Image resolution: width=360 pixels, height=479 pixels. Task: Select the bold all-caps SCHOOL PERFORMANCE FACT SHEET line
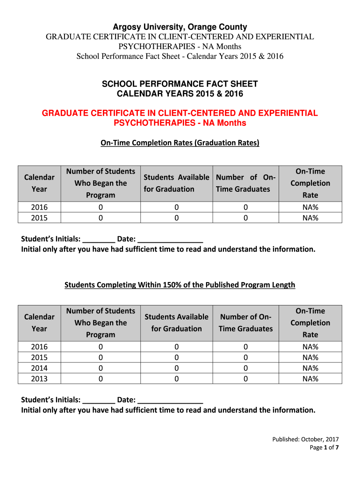pos(180,84)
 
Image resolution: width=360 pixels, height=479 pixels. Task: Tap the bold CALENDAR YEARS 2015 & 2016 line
pos(180,94)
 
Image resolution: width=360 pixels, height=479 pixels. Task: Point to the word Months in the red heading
pos(230,123)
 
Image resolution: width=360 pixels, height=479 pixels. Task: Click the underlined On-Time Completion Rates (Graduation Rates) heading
pos(180,143)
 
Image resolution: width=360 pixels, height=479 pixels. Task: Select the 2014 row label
pos(39,368)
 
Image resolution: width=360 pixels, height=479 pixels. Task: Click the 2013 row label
pos(39,379)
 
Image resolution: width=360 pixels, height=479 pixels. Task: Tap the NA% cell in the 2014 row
pos(310,368)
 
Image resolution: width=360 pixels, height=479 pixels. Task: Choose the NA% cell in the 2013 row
pos(310,379)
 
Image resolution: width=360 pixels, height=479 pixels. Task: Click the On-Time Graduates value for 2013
pos(245,379)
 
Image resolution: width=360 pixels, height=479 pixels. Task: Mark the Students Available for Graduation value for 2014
pos(176,368)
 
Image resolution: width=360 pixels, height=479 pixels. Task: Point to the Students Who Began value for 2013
pos(101,379)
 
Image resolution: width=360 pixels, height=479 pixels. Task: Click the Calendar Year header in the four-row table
pos(39,323)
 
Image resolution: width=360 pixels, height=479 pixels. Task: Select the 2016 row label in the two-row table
pos(39,207)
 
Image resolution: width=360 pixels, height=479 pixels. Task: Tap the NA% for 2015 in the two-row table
pos(310,218)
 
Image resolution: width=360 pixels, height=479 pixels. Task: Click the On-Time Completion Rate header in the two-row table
pos(310,183)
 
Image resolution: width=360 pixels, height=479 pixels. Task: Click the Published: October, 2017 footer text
pos(306,439)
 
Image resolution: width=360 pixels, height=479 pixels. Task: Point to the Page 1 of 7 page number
pos(324,448)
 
